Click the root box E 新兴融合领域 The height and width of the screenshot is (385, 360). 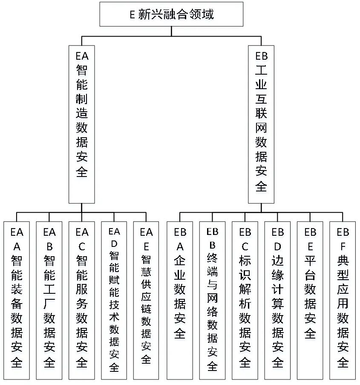171,14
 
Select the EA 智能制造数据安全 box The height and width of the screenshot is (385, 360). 82,124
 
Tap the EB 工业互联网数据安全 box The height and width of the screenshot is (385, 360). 261,124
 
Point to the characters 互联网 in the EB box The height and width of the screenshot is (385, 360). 261,114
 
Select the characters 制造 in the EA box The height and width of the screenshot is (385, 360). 82,107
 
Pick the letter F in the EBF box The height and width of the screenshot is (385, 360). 343,246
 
